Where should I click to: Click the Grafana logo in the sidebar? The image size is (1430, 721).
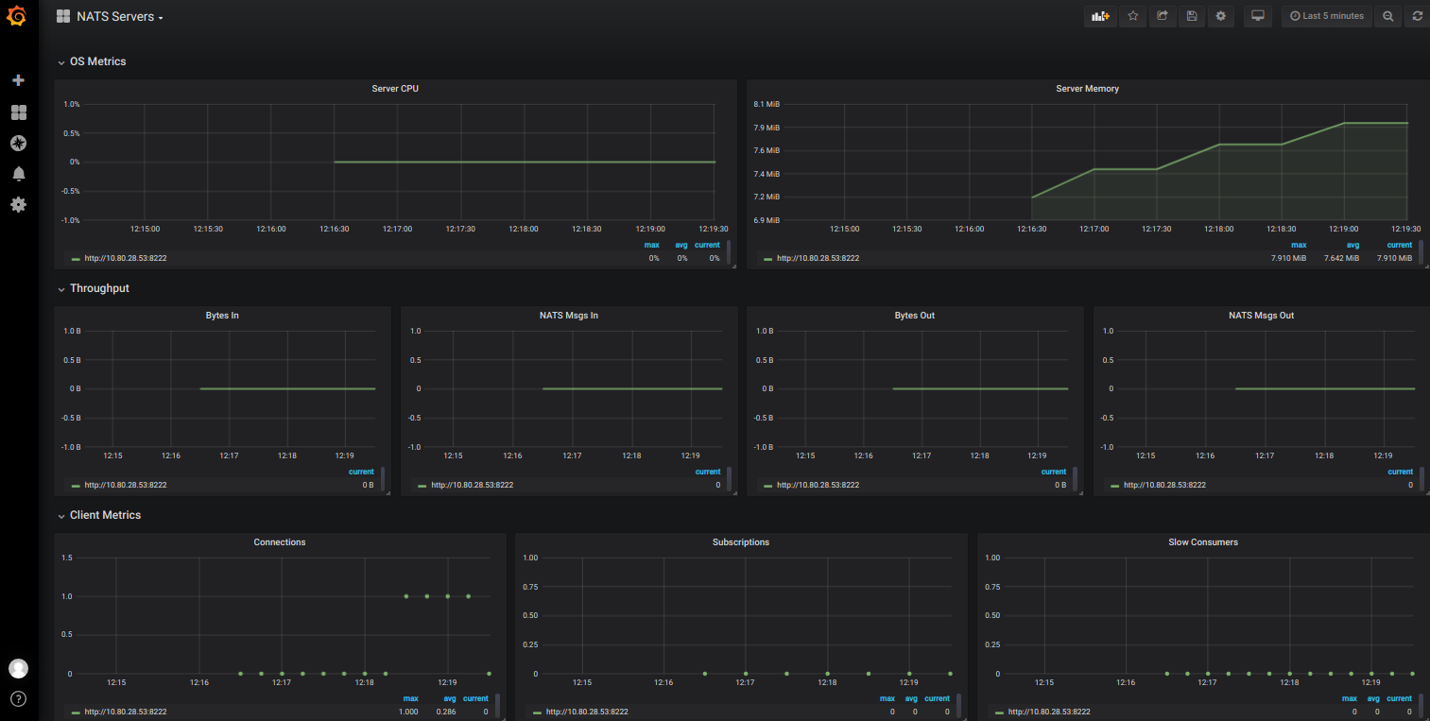pyautogui.click(x=16, y=16)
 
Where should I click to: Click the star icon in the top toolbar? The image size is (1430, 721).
pyautogui.click(x=1133, y=16)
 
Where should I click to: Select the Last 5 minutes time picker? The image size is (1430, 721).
pyautogui.click(x=1327, y=16)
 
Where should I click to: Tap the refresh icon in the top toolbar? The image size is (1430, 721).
pyautogui.click(x=1417, y=16)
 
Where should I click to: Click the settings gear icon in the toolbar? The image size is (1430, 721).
pyautogui.click(x=1220, y=16)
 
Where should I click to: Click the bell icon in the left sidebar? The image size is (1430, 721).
pyautogui.click(x=18, y=174)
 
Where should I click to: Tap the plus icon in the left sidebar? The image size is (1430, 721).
pyautogui.click(x=18, y=81)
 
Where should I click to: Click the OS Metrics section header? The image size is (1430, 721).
pyautogui.click(x=97, y=61)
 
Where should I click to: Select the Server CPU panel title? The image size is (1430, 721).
pyautogui.click(x=395, y=89)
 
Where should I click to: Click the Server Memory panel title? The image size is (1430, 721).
pyautogui.click(x=1087, y=89)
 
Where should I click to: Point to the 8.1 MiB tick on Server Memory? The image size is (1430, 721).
pyautogui.click(x=767, y=104)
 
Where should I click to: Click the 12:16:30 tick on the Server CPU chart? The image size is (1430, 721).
pyautogui.click(x=334, y=229)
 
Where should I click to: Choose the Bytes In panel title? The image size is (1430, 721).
pyautogui.click(x=222, y=316)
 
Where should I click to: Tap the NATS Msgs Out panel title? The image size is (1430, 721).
pyautogui.click(x=1261, y=316)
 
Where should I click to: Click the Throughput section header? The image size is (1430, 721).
pyautogui.click(x=99, y=288)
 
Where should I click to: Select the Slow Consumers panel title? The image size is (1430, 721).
pyautogui.click(x=1203, y=542)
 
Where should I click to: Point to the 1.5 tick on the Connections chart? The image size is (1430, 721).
pyautogui.click(x=66, y=558)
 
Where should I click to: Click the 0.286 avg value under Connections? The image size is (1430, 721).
pyautogui.click(x=446, y=712)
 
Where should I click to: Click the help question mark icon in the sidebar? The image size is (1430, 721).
pyautogui.click(x=18, y=699)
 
